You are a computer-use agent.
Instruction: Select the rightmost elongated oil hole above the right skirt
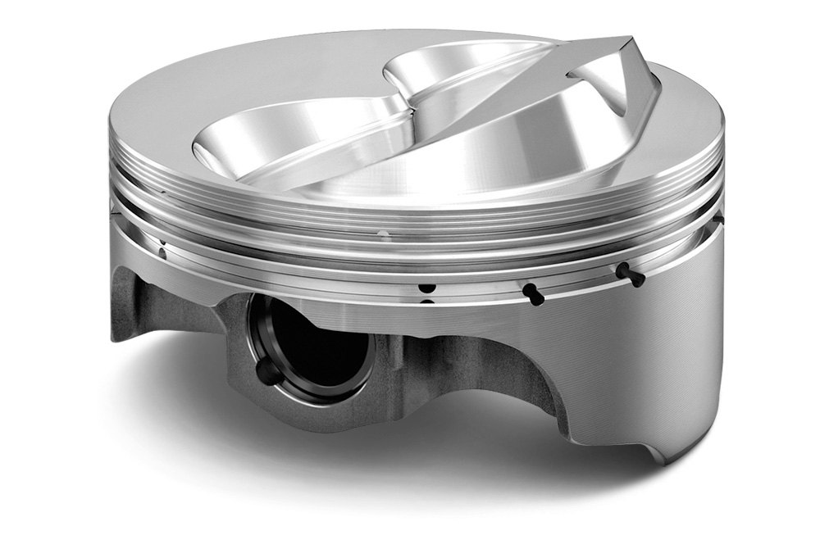[x=629, y=274]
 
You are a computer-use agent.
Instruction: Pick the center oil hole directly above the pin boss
[x=426, y=288]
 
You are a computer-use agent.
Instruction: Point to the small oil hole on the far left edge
[x=162, y=249]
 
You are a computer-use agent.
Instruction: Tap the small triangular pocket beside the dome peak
[x=611, y=86]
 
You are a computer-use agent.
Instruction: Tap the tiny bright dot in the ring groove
[x=381, y=233]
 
